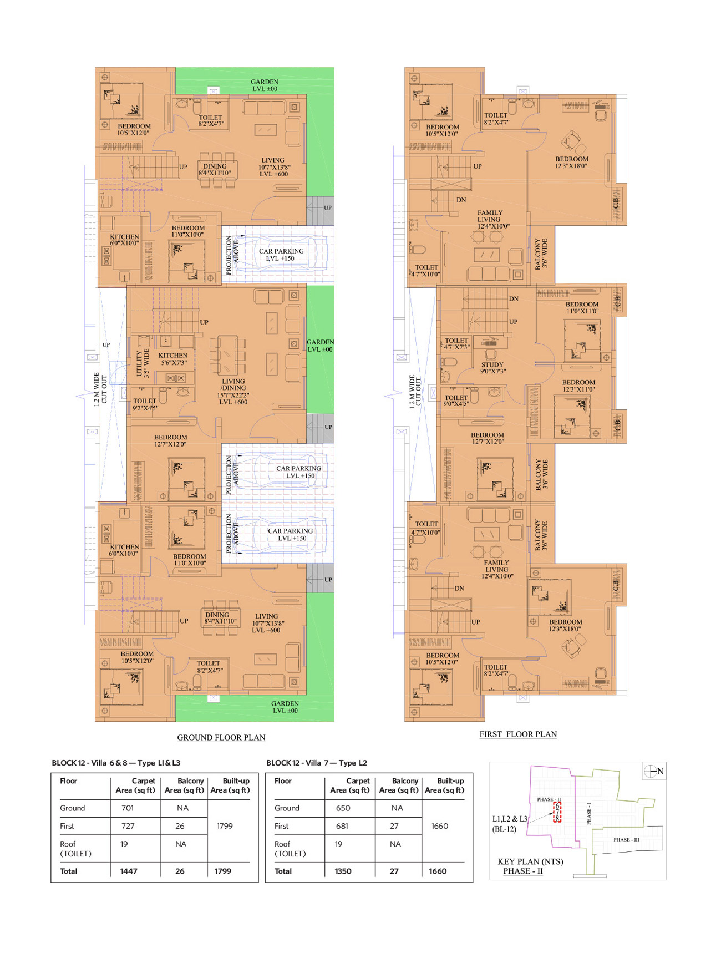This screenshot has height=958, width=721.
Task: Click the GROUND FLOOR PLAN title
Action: coord(221,737)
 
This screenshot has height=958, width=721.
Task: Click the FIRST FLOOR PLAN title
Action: coord(518,734)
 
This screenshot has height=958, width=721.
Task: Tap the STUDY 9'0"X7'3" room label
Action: coord(492,368)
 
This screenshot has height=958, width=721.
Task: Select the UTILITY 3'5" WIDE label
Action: coord(143,363)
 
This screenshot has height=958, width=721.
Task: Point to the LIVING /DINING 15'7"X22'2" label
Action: coord(233,392)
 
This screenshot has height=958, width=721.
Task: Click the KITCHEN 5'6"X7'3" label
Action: coord(173,359)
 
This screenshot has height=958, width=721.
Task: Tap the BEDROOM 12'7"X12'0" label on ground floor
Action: coord(170,440)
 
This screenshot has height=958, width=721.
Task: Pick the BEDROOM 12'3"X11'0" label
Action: coord(578,386)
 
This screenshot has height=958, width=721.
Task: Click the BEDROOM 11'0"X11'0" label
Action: coord(582,307)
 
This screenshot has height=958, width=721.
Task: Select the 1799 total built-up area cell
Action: coord(223,871)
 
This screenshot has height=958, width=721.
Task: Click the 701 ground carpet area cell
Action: coord(128,808)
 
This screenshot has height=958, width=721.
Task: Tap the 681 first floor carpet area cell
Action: coord(342,825)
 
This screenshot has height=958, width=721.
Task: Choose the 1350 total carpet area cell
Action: coord(343,871)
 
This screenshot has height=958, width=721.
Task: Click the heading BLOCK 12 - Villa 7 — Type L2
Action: coord(317,763)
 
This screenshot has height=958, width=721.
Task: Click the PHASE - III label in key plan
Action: coord(626,839)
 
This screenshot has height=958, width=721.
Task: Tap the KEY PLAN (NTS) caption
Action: coord(530,861)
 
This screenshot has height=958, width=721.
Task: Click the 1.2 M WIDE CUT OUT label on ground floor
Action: coord(100,388)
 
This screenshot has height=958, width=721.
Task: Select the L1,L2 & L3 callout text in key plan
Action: coord(510,819)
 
